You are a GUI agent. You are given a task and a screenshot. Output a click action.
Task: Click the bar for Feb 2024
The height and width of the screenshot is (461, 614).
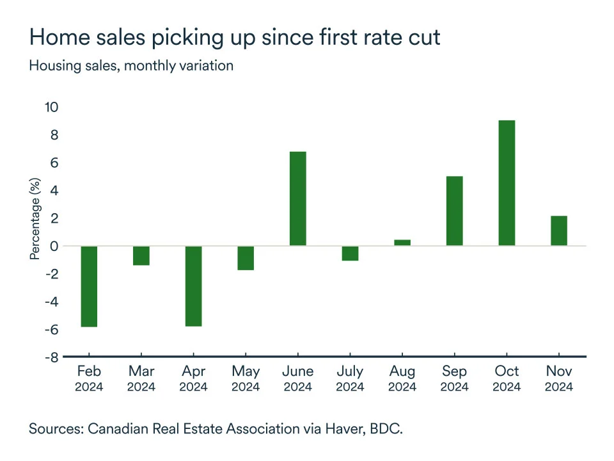click(x=89, y=286)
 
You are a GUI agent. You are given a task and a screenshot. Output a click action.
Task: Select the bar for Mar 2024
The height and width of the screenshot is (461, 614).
click(x=141, y=255)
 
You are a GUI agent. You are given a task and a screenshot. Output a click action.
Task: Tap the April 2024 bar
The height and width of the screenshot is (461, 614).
click(x=193, y=286)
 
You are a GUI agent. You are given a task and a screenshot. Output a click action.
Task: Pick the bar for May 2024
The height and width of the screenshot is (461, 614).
click(x=246, y=258)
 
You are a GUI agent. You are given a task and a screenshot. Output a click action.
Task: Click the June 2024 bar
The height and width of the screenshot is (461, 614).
click(x=298, y=198)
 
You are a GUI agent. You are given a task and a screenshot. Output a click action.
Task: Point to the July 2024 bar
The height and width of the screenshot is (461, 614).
click(x=350, y=254)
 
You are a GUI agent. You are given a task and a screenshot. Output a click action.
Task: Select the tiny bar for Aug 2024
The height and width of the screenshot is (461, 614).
click(x=402, y=243)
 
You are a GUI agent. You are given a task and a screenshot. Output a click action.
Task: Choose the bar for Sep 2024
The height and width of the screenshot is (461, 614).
click(x=455, y=211)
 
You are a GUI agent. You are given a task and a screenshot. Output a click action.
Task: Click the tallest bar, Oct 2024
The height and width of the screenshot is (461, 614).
click(x=507, y=183)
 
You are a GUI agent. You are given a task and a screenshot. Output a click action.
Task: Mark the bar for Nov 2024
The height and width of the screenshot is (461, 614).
click(x=559, y=230)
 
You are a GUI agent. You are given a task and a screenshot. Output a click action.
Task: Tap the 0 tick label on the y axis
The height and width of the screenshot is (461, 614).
click(x=54, y=247)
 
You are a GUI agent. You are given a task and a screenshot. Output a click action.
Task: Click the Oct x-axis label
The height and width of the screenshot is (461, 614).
click(x=507, y=371)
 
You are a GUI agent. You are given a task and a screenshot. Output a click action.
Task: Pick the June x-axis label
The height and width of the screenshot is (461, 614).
click(x=298, y=371)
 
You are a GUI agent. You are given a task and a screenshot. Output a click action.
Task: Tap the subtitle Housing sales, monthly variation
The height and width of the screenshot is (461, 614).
click(x=131, y=65)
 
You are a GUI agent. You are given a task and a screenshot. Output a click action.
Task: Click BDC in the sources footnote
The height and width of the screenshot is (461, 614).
click(x=384, y=428)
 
